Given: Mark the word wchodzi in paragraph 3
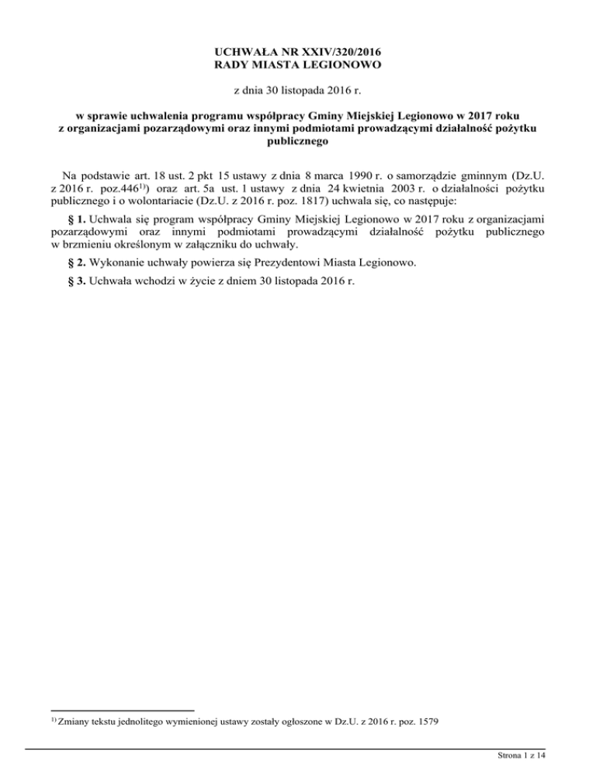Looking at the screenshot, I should [x=158, y=281].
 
